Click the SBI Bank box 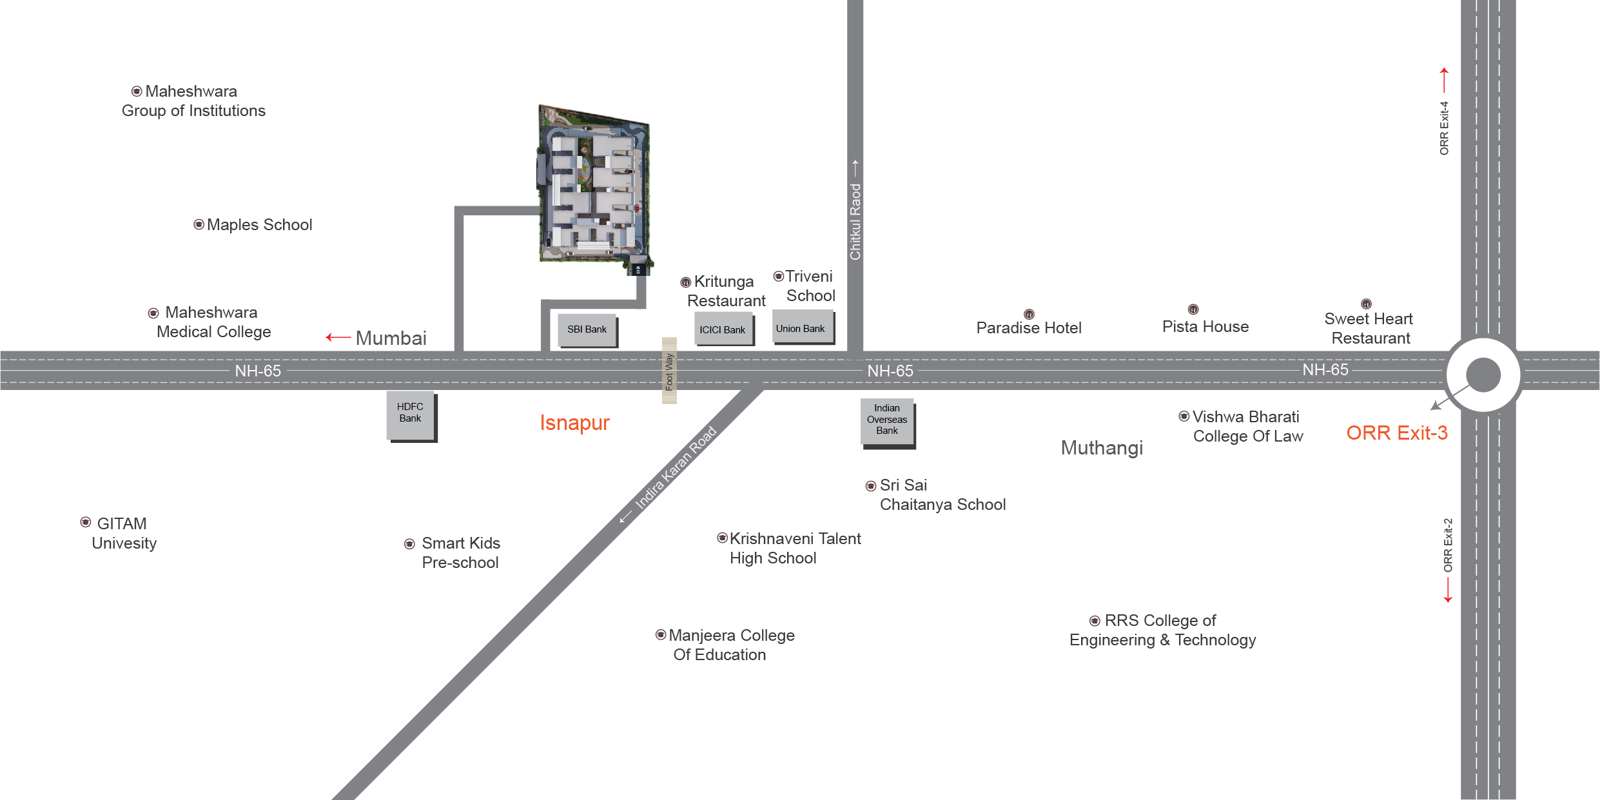point(587,330)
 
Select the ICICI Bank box point(723,329)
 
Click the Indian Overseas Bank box point(887,420)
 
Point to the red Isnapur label point(574,423)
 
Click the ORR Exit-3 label point(1396,433)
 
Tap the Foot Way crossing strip point(669,371)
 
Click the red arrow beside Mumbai point(338,337)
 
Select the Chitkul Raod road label point(855,222)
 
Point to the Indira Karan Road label point(675,467)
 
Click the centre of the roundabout point(1483,375)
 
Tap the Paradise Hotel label point(1028,328)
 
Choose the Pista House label point(1205,327)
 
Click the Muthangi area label point(1102,448)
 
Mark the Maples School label point(259,225)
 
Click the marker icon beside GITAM point(86,522)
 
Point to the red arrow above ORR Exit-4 point(1444,80)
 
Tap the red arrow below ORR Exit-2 point(1448,590)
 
